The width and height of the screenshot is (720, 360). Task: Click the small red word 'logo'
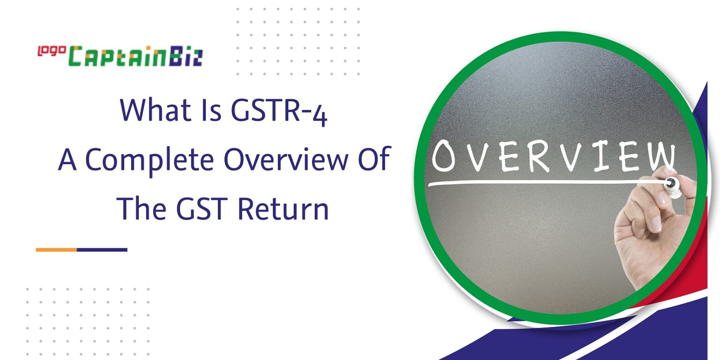(52, 51)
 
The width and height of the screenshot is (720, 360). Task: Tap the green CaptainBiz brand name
(136, 57)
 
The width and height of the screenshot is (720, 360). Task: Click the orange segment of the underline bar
(56, 249)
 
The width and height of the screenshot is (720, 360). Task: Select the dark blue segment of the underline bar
(102, 249)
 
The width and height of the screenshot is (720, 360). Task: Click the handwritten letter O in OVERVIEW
(444, 157)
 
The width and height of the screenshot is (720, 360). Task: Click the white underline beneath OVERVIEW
(539, 182)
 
